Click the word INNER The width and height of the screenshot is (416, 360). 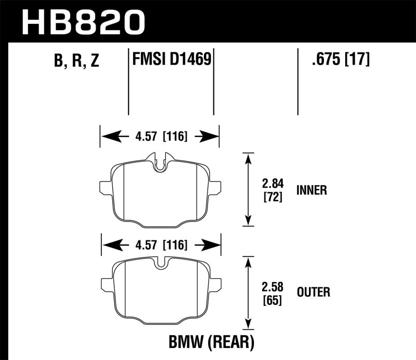click(x=312, y=190)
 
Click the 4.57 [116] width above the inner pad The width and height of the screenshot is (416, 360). click(x=159, y=137)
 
